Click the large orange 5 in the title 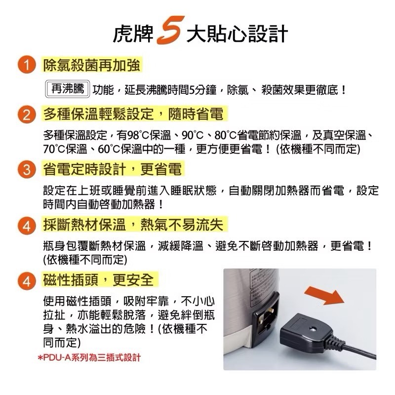pyautogui.click(x=170, y=30)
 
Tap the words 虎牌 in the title pyautogui.click(x=133, y=34)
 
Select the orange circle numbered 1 pyautogui.click(x=27, y=65)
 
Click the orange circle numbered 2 pyautogui.click(x=27, y=115)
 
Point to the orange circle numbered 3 pyautogui.click(x=27, y=169)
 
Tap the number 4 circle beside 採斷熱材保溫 pyautogui.click(x=27, y=226)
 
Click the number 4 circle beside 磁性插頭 pyautogui.click(x=27, y=280)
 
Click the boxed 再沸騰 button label pyautogui.click(x=68, y=89)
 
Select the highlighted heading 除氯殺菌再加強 pyautogui.click(x=91, y=65)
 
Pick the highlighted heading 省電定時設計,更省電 pyautogui.click(x=113, y=169)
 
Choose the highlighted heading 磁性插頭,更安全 pyautogui.click(x=98, y=279)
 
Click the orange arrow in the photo pyautogui.click(x=324, y=296)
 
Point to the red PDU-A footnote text pyautogui.click(x=89, y=357)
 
